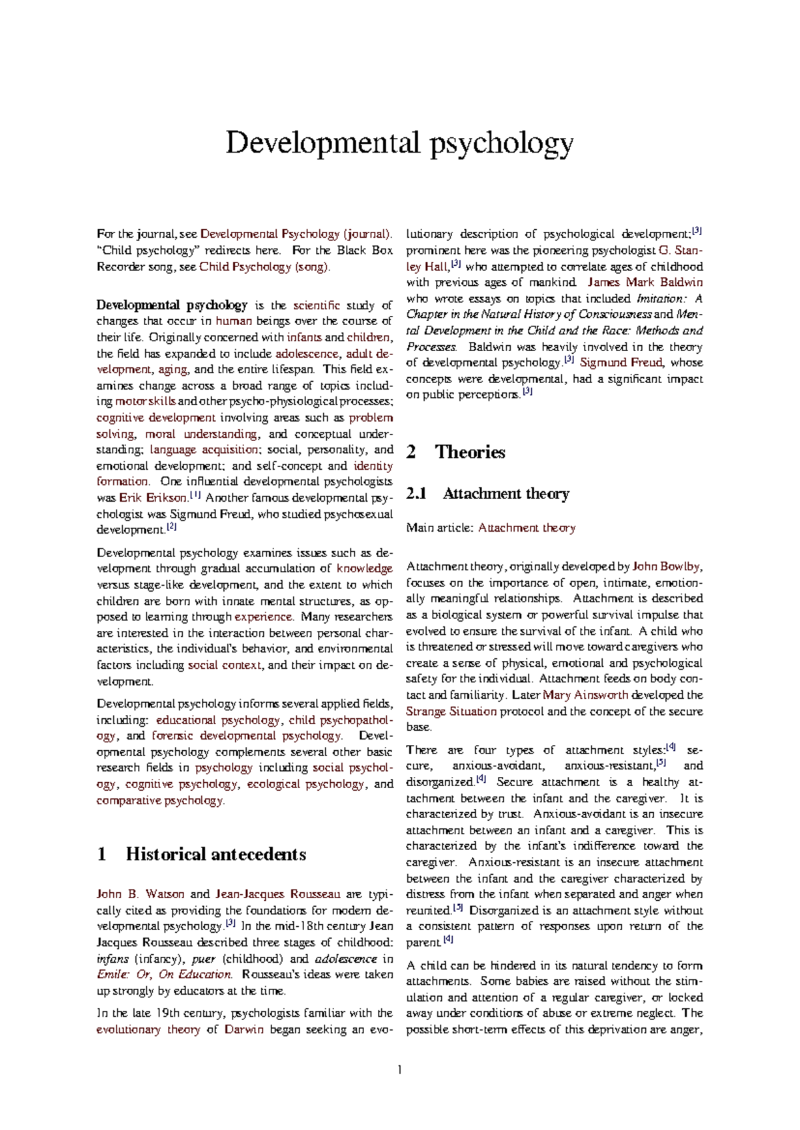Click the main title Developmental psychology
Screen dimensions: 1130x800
click(399, 143)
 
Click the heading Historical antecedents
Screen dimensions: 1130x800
click(215, 854)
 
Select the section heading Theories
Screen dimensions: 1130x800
click(470, 452)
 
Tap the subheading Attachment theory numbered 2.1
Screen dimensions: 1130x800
click(505, 494)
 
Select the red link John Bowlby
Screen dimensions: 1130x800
click(666, 566)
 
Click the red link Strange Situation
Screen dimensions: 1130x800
click(451, 711)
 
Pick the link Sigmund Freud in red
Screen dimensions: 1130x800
click(621, 362)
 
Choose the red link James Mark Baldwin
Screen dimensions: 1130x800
click(645, 282)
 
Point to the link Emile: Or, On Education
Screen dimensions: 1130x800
click(164, 974)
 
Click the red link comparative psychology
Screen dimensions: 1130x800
click(160, 800)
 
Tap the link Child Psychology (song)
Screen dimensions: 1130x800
click(264, 267)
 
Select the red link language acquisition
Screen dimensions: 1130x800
click(204, 450)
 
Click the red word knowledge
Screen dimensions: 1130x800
click(364, 568)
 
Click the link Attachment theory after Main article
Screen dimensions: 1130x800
click(526, 528)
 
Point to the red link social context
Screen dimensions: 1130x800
click(225, 665)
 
